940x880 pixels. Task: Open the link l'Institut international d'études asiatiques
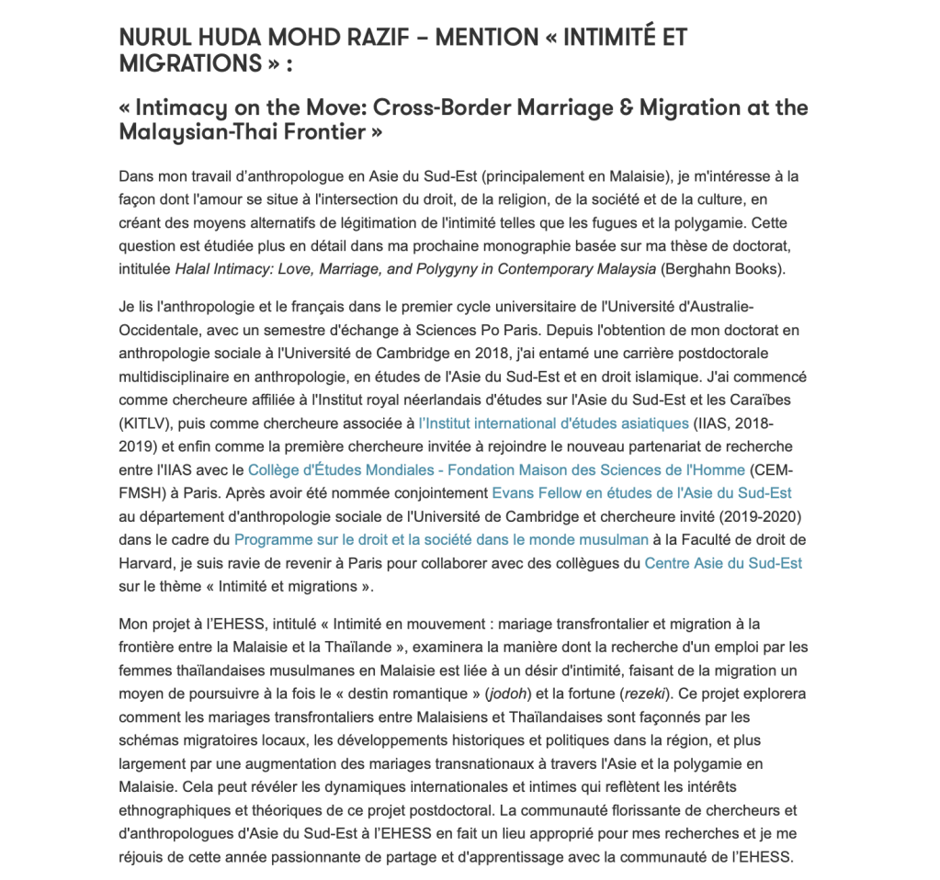553,423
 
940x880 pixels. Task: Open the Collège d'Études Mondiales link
496,470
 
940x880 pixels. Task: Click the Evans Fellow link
641,493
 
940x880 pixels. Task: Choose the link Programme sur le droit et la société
441,539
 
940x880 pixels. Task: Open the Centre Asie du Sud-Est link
723,562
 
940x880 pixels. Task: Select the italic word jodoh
506,692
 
